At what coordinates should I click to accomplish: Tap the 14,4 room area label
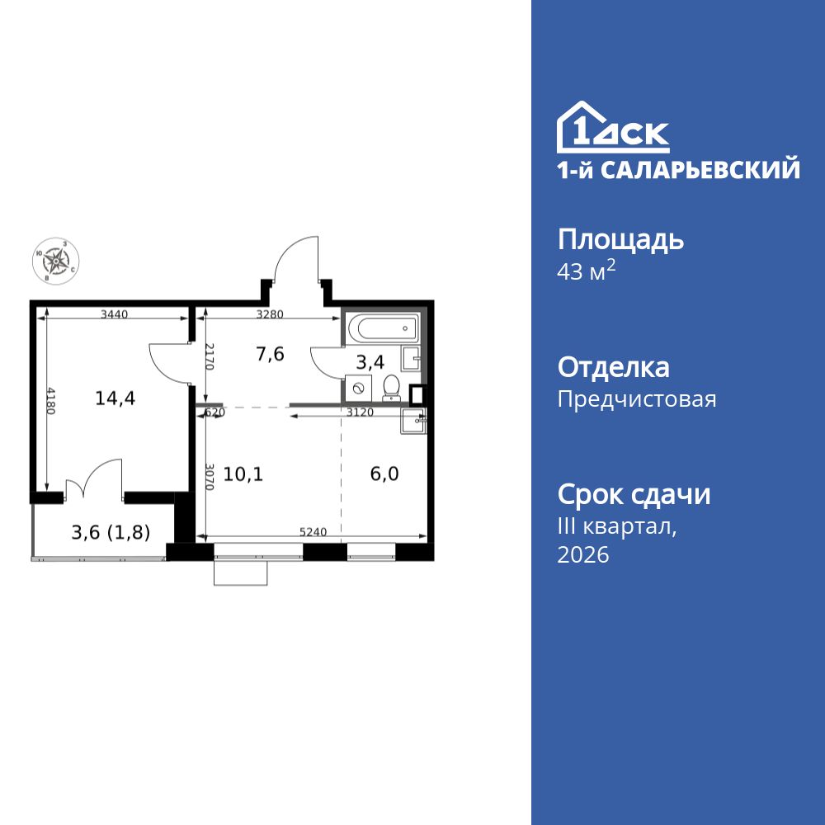[115, 398]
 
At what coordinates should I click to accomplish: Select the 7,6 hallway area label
[270, 355]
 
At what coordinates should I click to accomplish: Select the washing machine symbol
[359, 387]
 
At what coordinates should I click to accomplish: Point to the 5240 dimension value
[314, 532]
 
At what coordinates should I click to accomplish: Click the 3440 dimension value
[115, 314]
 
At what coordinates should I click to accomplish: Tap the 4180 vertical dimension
[51, 401]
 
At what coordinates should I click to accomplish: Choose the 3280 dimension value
[271, 314]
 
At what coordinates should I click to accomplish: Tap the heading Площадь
[621, 240]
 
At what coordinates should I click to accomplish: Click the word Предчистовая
[637, 400]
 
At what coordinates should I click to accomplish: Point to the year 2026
[583, 555]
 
